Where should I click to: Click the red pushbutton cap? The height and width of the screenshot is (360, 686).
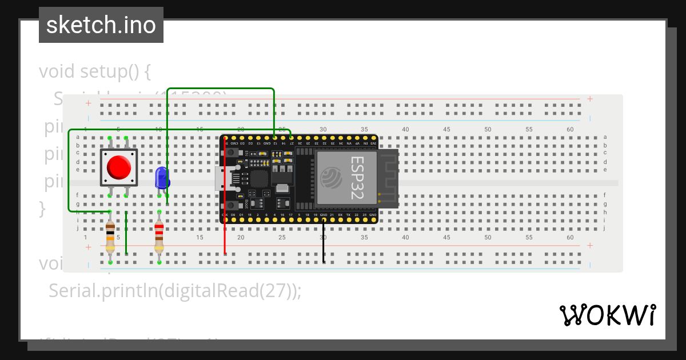point(118,167)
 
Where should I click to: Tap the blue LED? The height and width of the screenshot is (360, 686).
point(162,178)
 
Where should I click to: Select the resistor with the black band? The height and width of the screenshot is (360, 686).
point(110,238)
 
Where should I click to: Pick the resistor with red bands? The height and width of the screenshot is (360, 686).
point(159,238)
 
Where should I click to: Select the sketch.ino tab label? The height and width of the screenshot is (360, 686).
point(101,25)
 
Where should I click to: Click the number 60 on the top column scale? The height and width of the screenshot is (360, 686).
point(570,130)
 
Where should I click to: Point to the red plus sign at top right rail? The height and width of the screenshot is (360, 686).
point(590,99)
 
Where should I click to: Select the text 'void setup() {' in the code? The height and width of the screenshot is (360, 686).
point(94,71)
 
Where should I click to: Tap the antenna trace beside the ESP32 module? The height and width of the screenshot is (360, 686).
point(388,178)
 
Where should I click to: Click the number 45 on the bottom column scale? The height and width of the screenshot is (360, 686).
point(446,237)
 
